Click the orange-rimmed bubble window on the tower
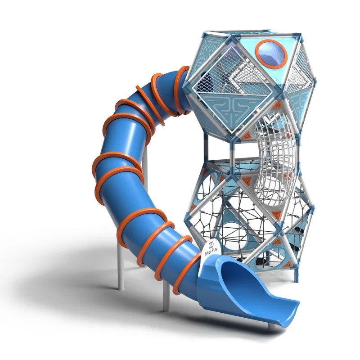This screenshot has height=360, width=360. pos(271,54)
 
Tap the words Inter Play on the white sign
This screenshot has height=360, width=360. pos(211,251)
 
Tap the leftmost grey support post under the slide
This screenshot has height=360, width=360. pos(121,266)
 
